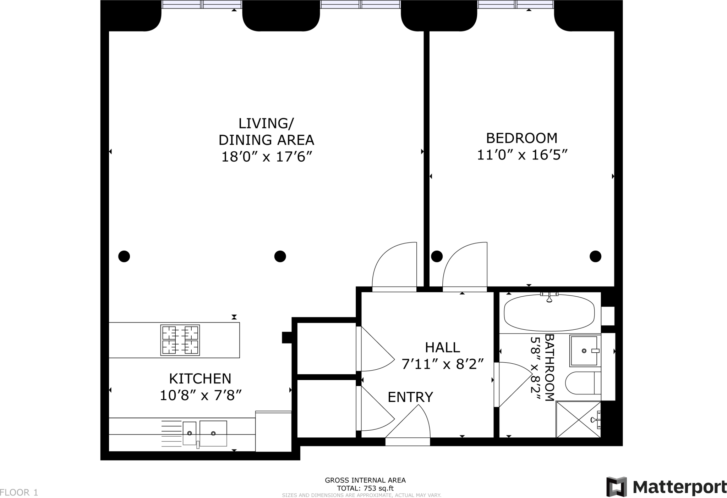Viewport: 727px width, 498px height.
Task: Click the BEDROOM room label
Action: (x=521, y=138)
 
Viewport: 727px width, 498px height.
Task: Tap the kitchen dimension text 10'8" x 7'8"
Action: (x=201, y=395)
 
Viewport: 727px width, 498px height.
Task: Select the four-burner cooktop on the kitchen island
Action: (x=180, y=340)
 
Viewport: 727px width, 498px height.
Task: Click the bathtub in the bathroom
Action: (x=549, y=312)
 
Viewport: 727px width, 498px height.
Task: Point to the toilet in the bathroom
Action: (x=583, y=383)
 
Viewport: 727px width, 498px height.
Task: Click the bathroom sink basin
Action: (x=584, y=351)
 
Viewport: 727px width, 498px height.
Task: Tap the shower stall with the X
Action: (x=578, y=419)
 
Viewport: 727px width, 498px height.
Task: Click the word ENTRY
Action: (x=410, y=397)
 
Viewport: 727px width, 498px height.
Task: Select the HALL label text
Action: (x=443, y=347)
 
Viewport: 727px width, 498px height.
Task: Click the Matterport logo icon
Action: (x=617, y=487)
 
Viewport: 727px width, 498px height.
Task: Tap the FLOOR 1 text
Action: (x=19, y=492)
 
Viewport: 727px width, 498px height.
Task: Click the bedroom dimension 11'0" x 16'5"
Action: (x=522, y=155)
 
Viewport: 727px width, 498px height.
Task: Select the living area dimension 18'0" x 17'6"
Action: (x=266, y=156)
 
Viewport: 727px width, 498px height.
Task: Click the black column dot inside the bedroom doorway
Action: (x=437, y=256)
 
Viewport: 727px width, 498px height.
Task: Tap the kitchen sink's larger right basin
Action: (x=213, y=433)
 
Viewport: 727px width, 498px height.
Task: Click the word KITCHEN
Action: (x=200, y=379)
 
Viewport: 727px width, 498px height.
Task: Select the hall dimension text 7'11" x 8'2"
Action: (x=443, y=364)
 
